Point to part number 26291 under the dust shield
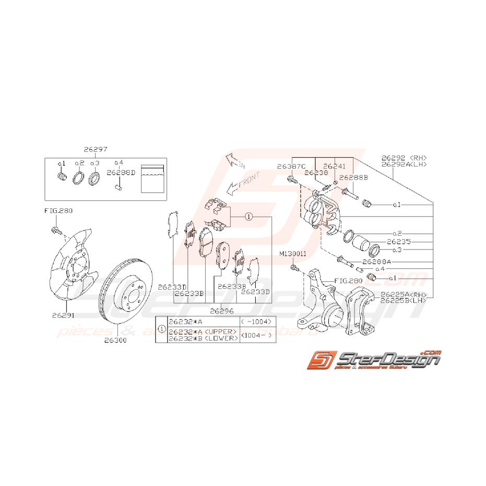(x=63, y=315)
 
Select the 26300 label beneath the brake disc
(x=115, y=340)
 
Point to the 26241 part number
(x=334, y=166)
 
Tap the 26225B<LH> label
(x=404, y=301)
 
